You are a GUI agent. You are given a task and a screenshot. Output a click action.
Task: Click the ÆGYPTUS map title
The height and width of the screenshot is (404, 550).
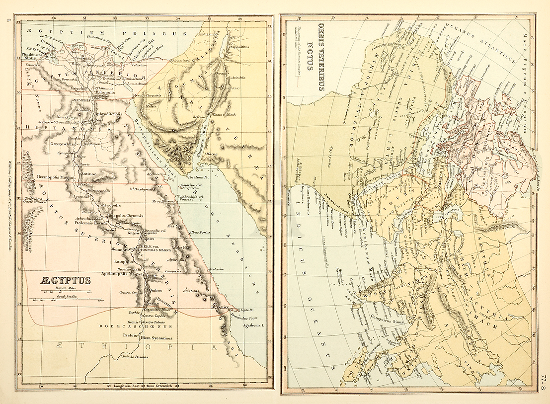(x=66, y=280)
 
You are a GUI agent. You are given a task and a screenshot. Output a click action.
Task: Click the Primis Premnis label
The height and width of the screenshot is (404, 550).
(x=136, y=357)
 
